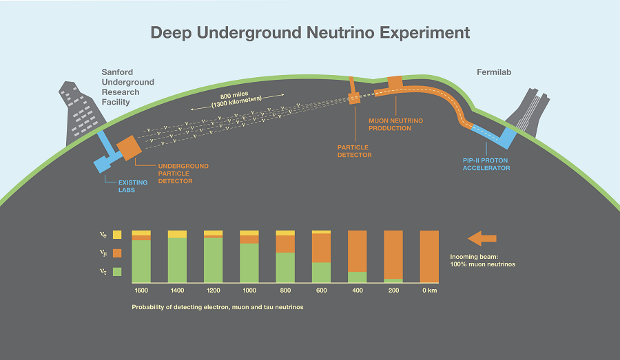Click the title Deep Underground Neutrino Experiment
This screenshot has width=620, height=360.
(310, 32)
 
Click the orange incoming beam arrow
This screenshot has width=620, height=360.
(482, 239)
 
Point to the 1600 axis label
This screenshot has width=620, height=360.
(141, 290)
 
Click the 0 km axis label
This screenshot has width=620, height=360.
(429, 290)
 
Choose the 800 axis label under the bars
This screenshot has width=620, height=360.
(285, 290)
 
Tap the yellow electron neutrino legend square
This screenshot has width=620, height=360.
(117, 235)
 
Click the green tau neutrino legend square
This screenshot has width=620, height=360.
(117, 272)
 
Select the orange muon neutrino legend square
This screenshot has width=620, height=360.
(117, 253)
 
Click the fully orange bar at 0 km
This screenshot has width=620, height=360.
(429, 256)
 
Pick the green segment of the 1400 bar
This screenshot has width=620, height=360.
(177, 260)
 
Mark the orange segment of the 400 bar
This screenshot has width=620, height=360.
(357, 251)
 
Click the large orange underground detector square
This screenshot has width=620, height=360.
(129, 147)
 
